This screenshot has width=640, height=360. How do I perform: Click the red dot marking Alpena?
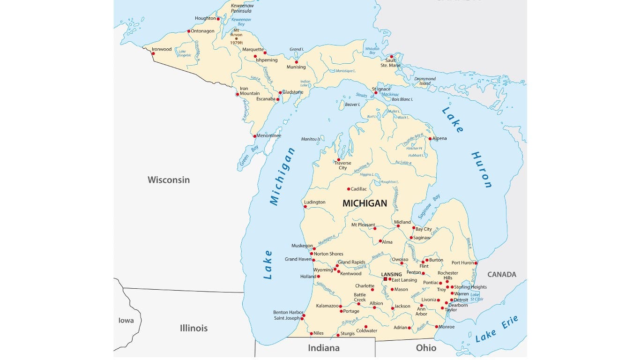click(x=430, y=139)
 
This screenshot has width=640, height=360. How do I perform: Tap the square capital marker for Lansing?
click(x=386, y=279)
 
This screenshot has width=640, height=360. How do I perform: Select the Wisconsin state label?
click(x=169, y=180)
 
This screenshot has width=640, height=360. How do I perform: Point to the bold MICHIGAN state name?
click(x=365, y=203)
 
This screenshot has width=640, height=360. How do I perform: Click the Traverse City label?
click(x=342, y=165)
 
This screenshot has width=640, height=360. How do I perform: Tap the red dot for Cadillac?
click(x=349, y=189)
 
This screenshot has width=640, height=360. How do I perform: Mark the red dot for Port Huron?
click(x=476, y=263)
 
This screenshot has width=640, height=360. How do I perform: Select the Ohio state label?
click(x=426, y=348)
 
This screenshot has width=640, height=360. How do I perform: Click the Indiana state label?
click(x=323, y=348)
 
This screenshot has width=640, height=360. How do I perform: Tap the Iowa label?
click(x=126, y=321)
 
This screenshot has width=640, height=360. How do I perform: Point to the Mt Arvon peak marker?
click(x=236, y=39)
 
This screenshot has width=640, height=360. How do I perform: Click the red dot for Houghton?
click(x=218, y=19)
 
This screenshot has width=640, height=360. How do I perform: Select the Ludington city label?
click(x=314, y=202)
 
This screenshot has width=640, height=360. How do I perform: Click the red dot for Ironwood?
click(x=153, y=53)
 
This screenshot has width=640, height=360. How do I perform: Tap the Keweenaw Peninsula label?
click(x=241, y=8)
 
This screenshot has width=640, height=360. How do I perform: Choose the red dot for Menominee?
click(x=254, y=136)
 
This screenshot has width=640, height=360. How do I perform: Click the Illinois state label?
click(x=193, y=328)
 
